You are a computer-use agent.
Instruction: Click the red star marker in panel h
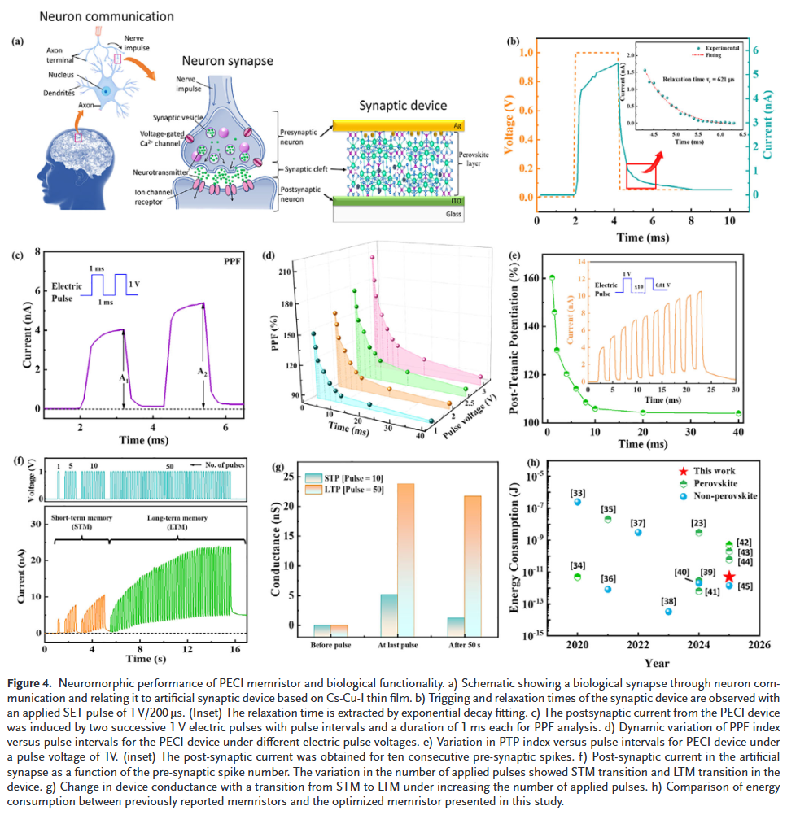coord(729,577)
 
